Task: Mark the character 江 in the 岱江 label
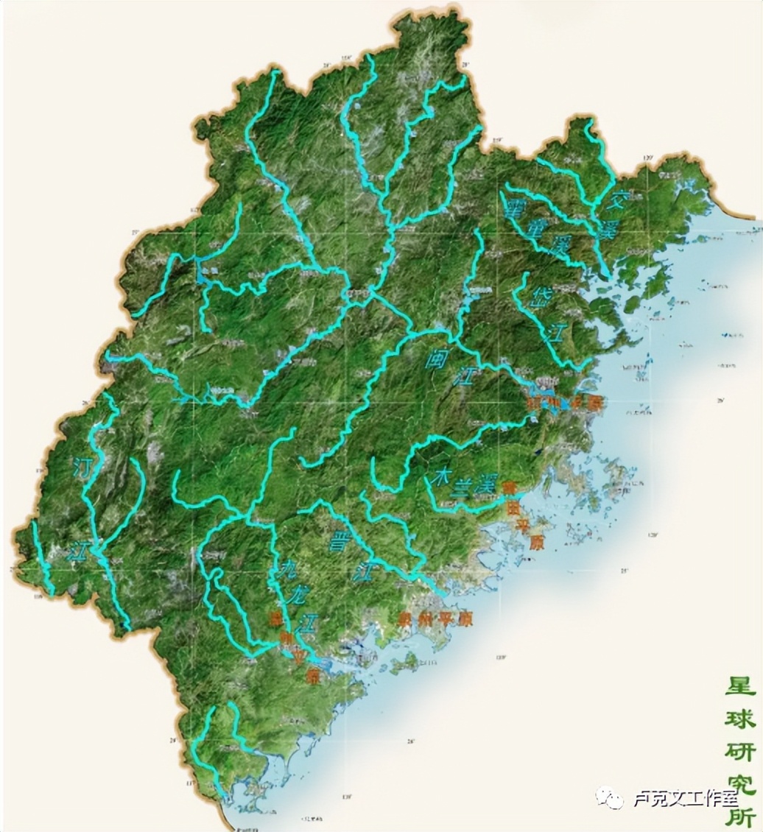tap(557, 333)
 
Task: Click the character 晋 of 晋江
tap(341, 542)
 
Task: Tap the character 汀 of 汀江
tap(83, 467)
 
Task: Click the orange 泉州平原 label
tap(434, 619)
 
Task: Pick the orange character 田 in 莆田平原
tap(512, 507)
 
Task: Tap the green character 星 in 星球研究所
tap(740, 687)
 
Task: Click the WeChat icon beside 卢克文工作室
tap(611, 797)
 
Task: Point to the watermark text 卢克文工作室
tap(682, 799)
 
